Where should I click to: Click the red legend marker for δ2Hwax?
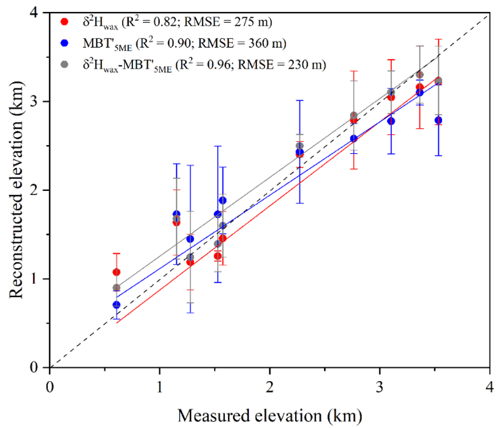tap(64, 22)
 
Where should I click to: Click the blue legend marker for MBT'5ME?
tap(64, 43)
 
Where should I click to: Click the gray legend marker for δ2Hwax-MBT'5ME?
tap(64, 65)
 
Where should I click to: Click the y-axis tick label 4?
tap(40, 13)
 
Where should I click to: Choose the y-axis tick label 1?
tap(40, 279)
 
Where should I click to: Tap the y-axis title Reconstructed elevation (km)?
tap(16, 190)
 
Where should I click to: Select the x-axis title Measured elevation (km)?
tap(269, 413)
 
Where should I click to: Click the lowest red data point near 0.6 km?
tap(116, 272)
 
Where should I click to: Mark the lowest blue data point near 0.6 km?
tap(116, 305)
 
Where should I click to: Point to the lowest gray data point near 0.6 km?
tap(116, 287)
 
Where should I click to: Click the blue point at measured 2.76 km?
tap(354, 138)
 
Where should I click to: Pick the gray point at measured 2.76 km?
tap(354, 115)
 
